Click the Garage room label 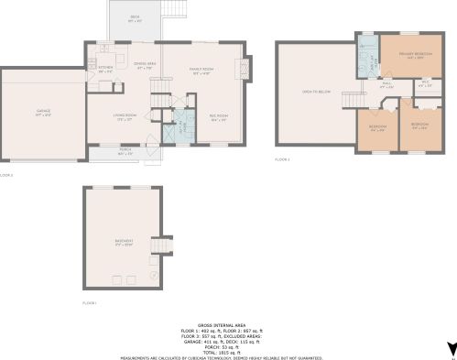pyautogui.click(x=43, y=111)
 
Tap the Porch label pyautogui.click(x=125, y=152)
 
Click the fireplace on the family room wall pyautogui.click(x=241, y=70)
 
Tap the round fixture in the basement pyautogui.click(x=152, y=274)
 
